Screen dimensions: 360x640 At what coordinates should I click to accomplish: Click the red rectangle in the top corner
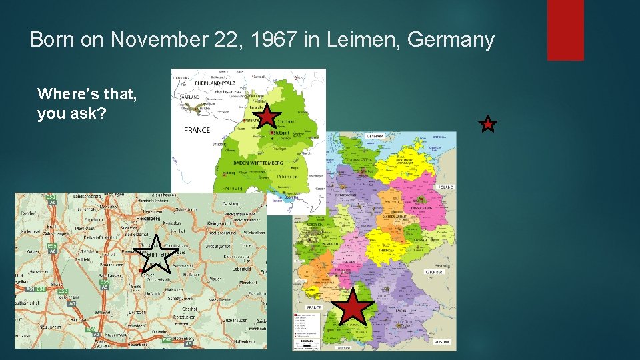(565, 30)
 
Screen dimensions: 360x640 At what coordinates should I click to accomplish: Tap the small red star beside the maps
(488, 123)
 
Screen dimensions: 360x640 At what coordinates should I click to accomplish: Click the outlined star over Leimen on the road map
(157, 255)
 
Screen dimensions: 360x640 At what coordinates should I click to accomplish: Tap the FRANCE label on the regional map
(197, 130)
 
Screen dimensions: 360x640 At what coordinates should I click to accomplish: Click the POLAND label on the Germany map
(446, 187)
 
